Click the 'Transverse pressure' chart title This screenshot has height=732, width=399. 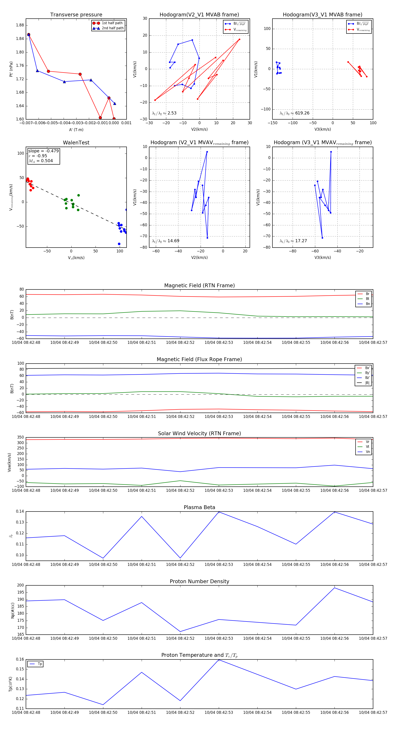pyautogui.click(x=76, y=15)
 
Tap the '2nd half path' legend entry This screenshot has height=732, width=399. pyautogui.click(x=112, y=28)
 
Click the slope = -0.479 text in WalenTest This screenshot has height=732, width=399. pyautogui.click(x=43, y=151)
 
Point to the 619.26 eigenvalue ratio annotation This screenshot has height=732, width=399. pyautogui.click(x=302, y=113)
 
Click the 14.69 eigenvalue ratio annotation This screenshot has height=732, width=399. pyautogui.click(x=173, y=241)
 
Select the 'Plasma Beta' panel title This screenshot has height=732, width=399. pyautogui.click(x=199, y=507)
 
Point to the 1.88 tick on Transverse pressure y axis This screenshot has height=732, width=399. pyautogui.click(x=20, y=25)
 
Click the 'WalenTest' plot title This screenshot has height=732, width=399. pyautogui.click(x=76, y=143)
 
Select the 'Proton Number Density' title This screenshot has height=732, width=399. pyautogui.click(x=199, y=581)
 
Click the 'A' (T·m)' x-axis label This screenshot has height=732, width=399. pyautogui.click(x=76, y=130)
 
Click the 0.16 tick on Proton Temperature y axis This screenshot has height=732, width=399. pyautogui.click(x=20, y=659)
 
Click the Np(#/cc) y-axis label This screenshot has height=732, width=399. pyautogui.click(x=12, y=610)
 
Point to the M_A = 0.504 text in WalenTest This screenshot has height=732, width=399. pyautogui.click(x=41, y=161)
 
